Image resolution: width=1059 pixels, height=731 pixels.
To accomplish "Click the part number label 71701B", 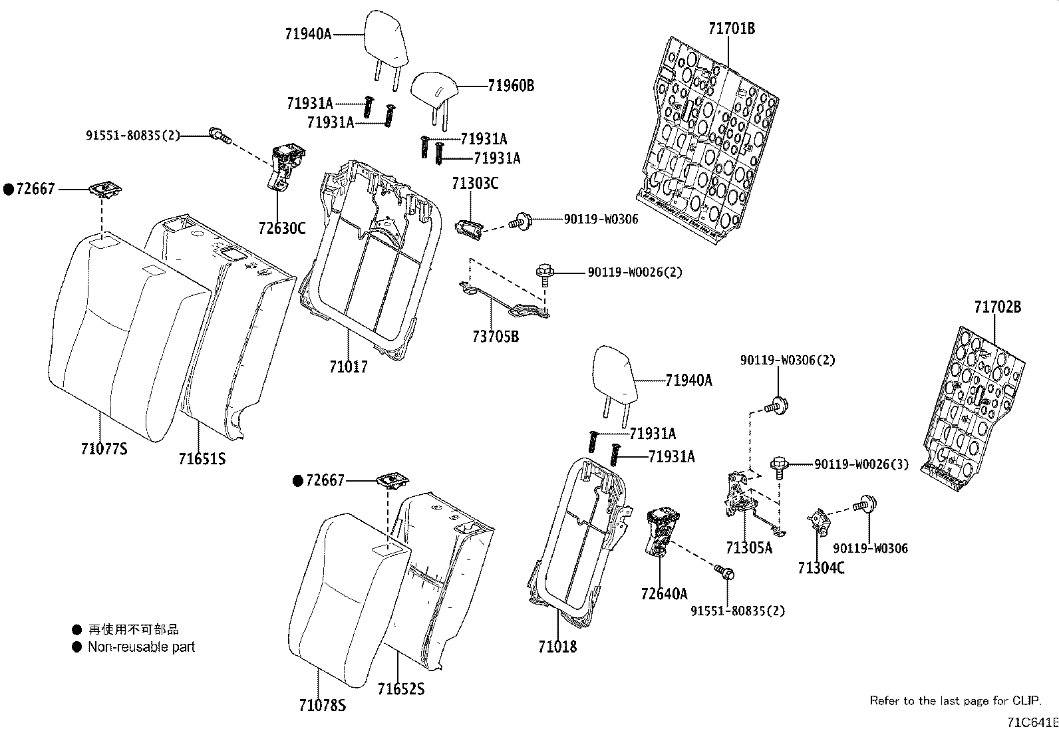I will tap(731, 29).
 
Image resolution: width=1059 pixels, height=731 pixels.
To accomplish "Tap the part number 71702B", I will tap(997, 307).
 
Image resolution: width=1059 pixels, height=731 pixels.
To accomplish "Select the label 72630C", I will tap(282, 229).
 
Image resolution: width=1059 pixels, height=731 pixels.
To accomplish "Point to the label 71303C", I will tap(475, 184).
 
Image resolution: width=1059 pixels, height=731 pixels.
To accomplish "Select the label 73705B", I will tap(496, 337).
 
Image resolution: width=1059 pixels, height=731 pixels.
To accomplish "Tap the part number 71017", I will tap(348, 366).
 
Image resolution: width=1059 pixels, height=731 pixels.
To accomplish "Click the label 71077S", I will tap(104, 449).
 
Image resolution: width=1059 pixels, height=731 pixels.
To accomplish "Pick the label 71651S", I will tap(202, 458).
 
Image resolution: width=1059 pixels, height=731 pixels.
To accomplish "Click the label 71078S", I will tap(322, 705).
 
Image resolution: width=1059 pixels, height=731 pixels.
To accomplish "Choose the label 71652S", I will tap(400, 689).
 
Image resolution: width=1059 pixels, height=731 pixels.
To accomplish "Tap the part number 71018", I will tap(557, 647).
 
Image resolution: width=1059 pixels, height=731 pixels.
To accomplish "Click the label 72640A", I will tap(664, 593).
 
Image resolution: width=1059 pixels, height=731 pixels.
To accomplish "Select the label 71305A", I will tap(749, 547).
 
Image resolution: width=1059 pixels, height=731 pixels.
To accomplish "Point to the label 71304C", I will tap(821, 568).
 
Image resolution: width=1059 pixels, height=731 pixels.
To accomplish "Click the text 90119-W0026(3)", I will tap(861, 464).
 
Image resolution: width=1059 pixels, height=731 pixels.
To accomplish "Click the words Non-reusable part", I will tap(141, 647).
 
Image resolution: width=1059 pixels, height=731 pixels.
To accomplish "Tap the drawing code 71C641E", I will tap(1032, 722).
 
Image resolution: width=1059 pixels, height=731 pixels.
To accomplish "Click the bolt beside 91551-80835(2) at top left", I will tap(218, 135).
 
